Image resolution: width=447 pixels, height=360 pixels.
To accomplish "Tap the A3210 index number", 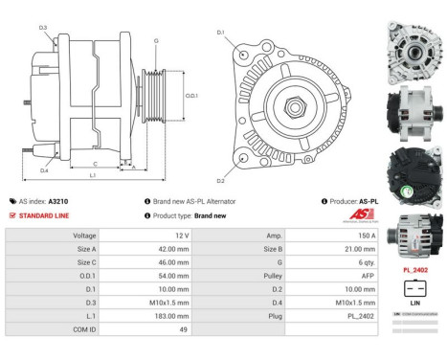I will [x=57, y=202].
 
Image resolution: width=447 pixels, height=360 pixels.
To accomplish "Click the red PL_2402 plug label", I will [x=414, y=271].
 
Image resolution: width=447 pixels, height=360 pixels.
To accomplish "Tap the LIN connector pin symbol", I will [x=414, y=287].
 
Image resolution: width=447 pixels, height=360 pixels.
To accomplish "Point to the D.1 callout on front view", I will [x=220, y=33].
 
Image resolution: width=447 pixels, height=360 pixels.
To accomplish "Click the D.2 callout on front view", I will [x=220, y=180].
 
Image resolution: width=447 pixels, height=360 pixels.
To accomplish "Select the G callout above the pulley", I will [x=156, y=41].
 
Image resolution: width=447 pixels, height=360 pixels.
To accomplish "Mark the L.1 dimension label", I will [x=92, y=176].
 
